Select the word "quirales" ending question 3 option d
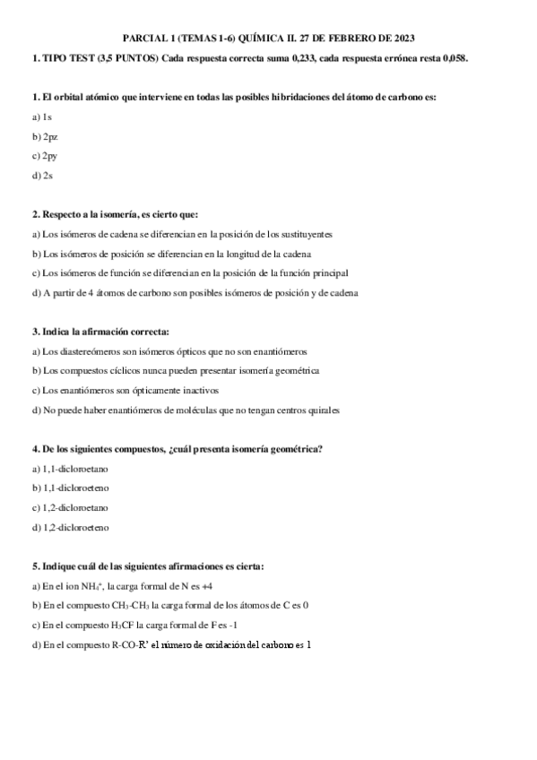(324, 410)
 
